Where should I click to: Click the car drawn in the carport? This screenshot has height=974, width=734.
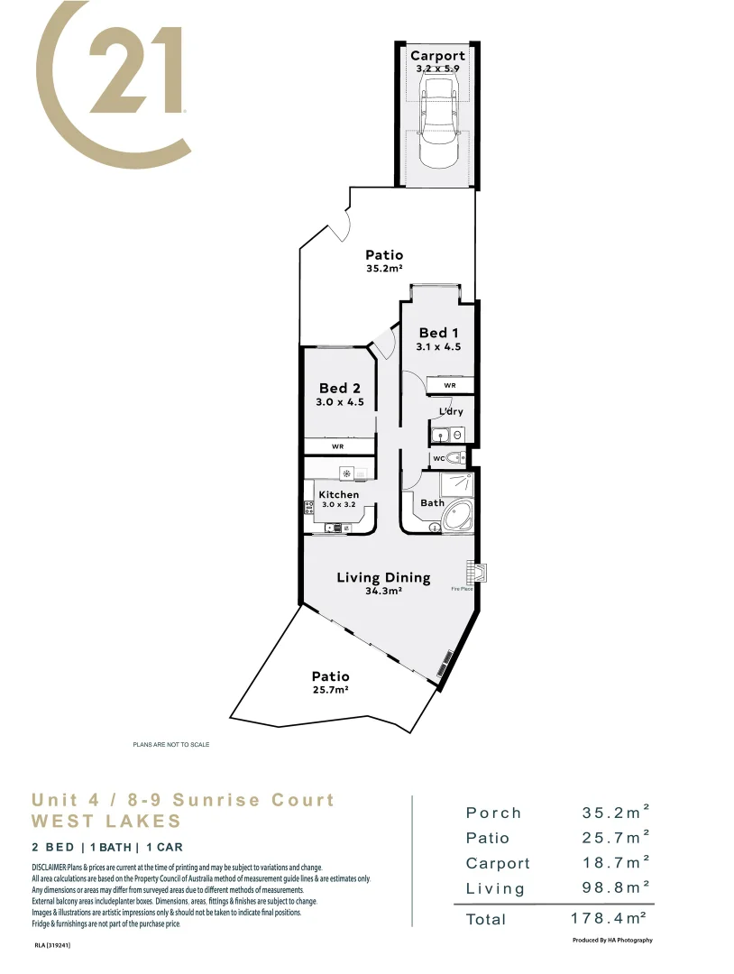438,122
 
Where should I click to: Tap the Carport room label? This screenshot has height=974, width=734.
437,56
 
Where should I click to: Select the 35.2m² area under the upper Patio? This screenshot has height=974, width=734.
383,269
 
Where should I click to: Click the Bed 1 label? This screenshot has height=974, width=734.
438,333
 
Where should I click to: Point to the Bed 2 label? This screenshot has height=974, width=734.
339,389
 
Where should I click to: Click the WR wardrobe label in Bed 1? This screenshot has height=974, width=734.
449,385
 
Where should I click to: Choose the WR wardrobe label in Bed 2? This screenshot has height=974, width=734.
337,446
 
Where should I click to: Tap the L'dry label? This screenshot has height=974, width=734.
451,412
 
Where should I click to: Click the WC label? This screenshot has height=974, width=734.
438,458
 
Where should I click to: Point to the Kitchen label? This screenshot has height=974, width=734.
339,494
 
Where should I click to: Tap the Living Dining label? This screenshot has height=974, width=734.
383,577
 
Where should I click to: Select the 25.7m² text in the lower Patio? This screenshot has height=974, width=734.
330,689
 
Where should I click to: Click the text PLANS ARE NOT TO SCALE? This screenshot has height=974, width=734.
171,744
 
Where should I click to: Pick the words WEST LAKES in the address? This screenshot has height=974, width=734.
106,822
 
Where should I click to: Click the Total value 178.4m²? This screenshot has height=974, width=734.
610,919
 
